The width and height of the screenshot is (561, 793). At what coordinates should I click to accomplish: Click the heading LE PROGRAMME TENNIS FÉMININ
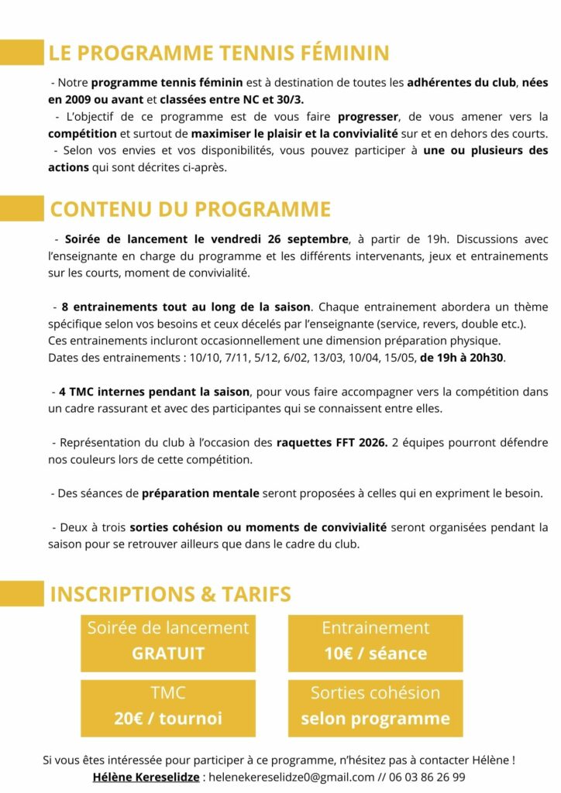pos(219,53)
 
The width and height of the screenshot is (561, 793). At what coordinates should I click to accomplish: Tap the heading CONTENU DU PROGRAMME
pos(191,210)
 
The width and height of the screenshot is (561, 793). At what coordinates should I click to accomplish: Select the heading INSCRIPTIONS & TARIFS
pos(170,595)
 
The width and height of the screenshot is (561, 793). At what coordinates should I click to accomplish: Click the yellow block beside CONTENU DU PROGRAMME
pos(22,209)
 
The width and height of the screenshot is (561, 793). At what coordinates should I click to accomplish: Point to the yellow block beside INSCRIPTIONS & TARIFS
pos(22,594)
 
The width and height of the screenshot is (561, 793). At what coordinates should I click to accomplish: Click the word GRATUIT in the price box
pos(168,654)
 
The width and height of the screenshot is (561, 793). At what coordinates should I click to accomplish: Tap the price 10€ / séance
pos(375,654)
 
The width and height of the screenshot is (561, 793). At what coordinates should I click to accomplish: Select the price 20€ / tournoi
pos(168,719)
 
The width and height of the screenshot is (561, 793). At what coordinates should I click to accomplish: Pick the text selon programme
pos(375,719)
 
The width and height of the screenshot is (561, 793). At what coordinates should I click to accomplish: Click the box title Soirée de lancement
pos(168,628)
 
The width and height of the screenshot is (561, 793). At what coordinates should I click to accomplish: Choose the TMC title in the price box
pos(168,693)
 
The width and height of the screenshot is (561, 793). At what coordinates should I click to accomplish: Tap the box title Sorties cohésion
pos(375,693)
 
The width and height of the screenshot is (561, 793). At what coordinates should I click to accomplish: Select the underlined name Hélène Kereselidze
pos(146,777)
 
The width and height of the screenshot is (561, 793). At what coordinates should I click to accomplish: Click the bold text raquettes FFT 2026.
pos(332,444)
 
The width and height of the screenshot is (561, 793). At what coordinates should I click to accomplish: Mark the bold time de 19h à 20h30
pos(462,358)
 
